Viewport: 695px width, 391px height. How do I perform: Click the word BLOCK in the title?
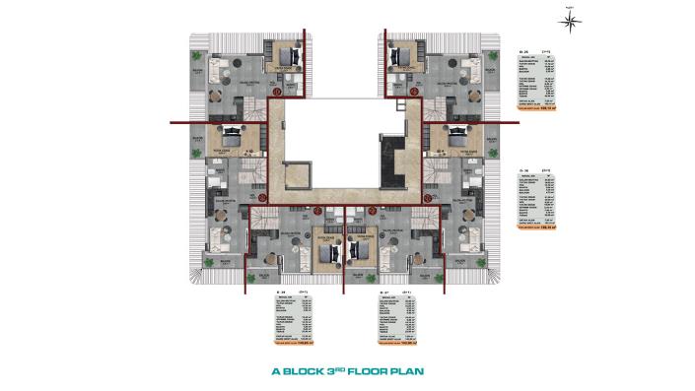click(x=308, y=373)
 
